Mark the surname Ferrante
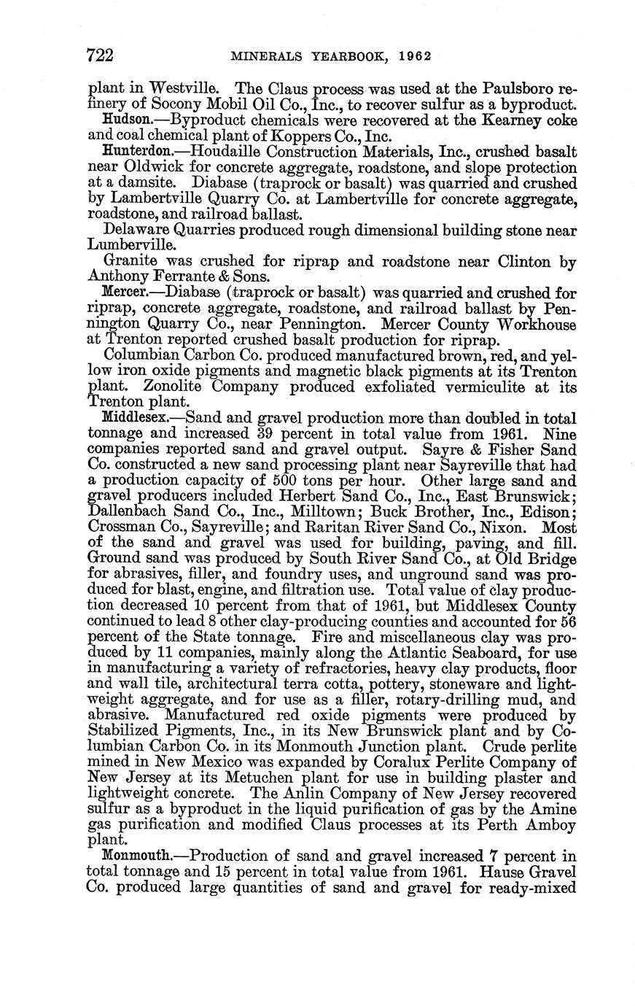(x=178, y=277)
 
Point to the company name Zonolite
(x=171, y=387)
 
